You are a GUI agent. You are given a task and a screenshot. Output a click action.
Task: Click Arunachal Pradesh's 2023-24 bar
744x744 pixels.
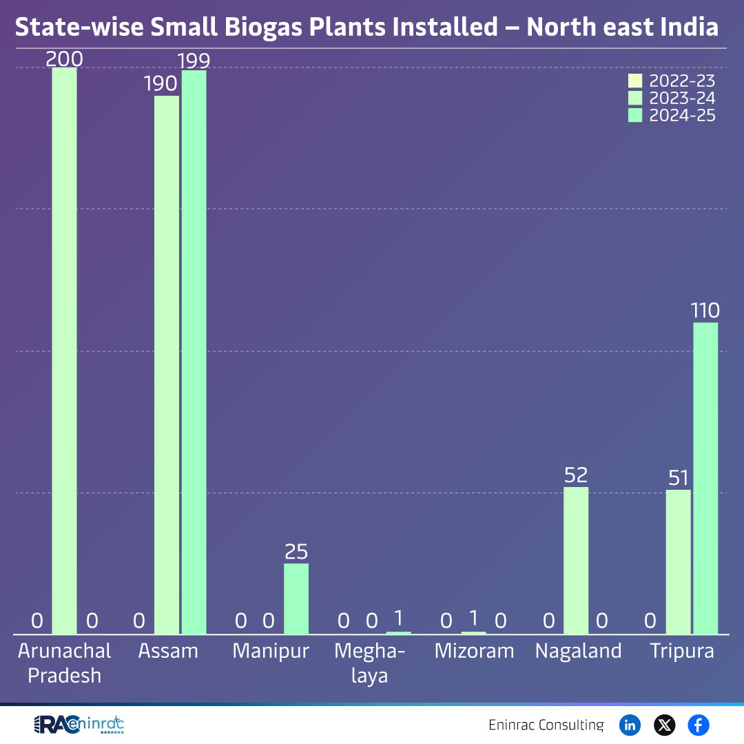pyautogui.click(x=65, y=351)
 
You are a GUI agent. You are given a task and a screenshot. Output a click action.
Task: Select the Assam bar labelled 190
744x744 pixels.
pyautogui.click(x=167, y=365)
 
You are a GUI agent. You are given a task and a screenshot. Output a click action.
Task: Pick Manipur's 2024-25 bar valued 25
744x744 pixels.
pyautogui.click(x=296, y=599)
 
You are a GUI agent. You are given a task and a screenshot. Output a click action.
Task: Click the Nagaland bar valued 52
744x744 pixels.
pyautogui.click(x=576, y=561)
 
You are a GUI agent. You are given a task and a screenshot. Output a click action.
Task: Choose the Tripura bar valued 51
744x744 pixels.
pyautogui.click(x=678, y=562)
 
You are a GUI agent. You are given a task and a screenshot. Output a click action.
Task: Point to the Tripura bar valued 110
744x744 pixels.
pyautogui.click(x=705, y=478)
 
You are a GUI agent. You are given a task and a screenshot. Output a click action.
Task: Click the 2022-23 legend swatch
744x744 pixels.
pyautogui.click(x=635, y=81)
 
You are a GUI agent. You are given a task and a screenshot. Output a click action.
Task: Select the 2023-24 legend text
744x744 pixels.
pyautogui.click(x=682, y=99)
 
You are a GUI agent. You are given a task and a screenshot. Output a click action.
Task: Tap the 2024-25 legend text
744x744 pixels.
pyautogui.click(x=682, y=116)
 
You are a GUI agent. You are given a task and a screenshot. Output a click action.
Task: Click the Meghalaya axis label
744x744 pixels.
pyautogui.click(x=370, y=663)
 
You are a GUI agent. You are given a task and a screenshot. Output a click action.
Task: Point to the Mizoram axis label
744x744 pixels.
pyautogui.click(x=474, y=651)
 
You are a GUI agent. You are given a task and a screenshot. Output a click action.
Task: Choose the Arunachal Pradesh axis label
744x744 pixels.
pyautogui.click(x=65, y=663)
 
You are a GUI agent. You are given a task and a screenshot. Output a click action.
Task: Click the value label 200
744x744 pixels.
pyautogui.click(x=65, y=59)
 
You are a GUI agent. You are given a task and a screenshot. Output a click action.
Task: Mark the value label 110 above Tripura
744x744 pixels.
pyautogui.click(x=705, y=311)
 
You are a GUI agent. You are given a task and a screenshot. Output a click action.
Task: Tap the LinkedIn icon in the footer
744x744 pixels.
pyautogui.click(x=630, y=725)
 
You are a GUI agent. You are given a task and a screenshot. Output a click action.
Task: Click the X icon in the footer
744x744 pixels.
pyautogui.click(x=664, y=725)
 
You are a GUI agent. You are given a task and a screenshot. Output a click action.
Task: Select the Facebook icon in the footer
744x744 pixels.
pyautogui.click(x=698, y=725)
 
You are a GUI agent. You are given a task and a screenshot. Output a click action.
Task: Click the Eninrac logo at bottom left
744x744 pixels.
pyautogui.click(x=79, y=725)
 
